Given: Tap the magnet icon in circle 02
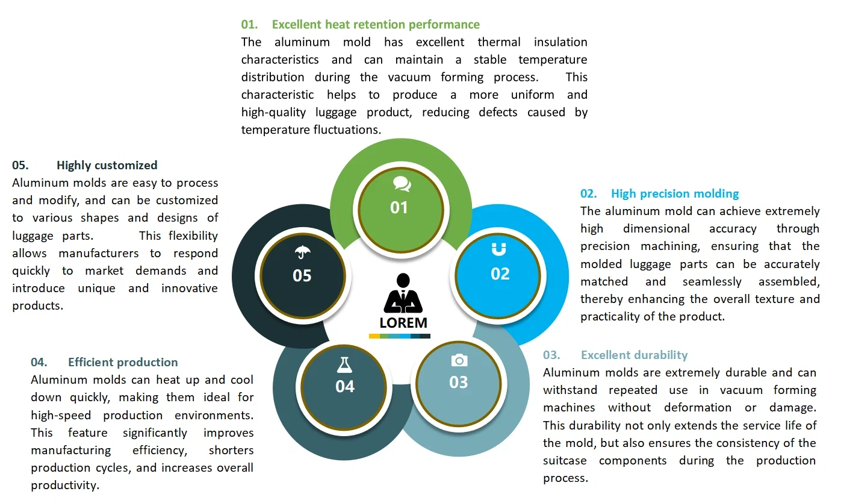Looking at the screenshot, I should (499, 249).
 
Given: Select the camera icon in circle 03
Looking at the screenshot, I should (459, 360).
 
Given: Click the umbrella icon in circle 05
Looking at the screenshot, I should (302, 252).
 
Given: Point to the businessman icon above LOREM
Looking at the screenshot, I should (403, 293).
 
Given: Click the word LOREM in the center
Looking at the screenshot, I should (403, 322).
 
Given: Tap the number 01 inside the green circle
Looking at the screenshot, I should (399, 208).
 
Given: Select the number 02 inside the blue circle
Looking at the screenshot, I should (500, 274).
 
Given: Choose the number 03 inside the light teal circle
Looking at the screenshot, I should (458, 383).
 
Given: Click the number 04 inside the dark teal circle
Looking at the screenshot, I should (345, 386).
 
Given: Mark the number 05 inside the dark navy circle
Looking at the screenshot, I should (302, 276).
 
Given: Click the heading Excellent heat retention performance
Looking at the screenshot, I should (376, 25).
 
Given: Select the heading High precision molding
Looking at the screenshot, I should (675, 193).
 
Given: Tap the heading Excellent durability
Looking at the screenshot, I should (634, 355).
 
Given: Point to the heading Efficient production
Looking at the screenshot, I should (123, 362).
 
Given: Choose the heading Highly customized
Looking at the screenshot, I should (107, 165).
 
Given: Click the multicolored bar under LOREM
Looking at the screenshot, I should (399, 336).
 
